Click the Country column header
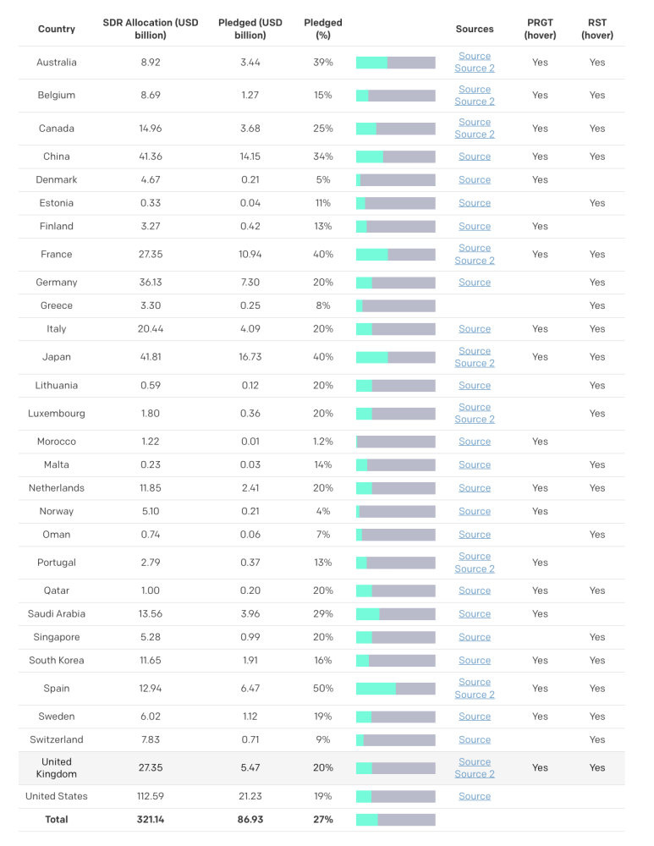pos(57,29)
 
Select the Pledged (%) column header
pos(322,29)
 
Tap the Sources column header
pos(474,29)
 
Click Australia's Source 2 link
pos(474,69)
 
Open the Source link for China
pos(474,157)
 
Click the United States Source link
pos(474,796)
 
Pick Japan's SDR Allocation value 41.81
pos(151,357)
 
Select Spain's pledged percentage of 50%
pos(322,689)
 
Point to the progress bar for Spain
pos(395,689)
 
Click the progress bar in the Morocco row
pos(395,442)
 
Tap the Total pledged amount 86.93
pos(250,820)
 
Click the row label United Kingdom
pos(57,768)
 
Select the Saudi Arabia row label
pos(57,614)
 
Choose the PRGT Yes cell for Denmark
pos(540,180)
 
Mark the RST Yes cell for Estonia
pos(597,203)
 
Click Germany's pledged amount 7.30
pos(250,283)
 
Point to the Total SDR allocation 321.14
pos(151,820)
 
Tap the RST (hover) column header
pos(597,29)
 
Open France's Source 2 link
pos(474,261)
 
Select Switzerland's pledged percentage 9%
pos(322,740)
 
